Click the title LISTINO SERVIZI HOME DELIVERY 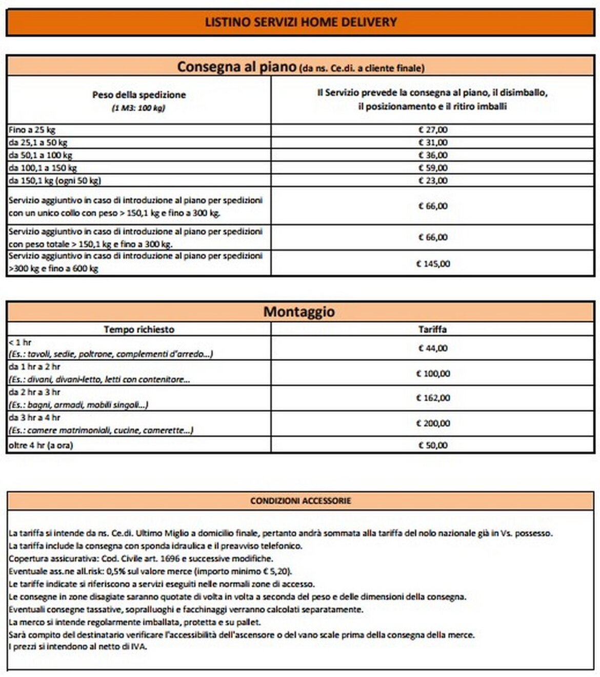[x=301, y=22]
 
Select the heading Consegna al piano [x=236, y=67]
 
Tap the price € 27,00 [x=433, y=130]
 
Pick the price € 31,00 [x=433, y=142]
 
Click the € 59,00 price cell [x=433, y=168]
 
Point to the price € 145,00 [x=433, y=264]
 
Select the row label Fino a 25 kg [x=32, y=130]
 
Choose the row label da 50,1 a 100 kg [x=41, y=155]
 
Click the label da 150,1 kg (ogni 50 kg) [x=55, y=180]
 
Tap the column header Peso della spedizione [x=139, y=95]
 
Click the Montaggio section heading [x=299, y=312]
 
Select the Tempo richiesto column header [x=139, y=330]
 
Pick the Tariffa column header [x=432, y=330]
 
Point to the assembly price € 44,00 [x=433, y=348]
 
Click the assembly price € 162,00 [x=433, y=398]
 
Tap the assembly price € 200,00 [x=433, y=424]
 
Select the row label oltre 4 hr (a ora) [x=41, y=445]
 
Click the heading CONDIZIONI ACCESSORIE [x=301, y=501]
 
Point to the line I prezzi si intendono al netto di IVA [x=78, y=647]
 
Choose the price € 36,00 [x=433, y=155]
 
